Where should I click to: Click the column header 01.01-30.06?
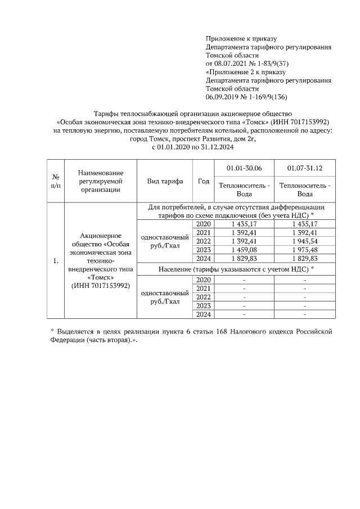244,168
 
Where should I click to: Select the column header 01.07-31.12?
304,168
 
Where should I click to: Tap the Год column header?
204,181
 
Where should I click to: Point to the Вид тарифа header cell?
165,181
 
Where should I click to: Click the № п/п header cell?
56,181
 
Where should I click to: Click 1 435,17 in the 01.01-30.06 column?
244,224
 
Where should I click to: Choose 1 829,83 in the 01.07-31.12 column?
304,258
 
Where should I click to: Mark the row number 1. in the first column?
56,262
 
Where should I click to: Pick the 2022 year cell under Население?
204,296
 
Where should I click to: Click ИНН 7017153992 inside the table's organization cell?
101,286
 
